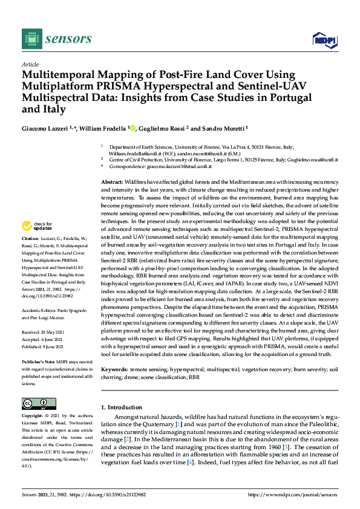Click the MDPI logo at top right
coord(325,40)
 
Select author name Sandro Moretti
coord(222,128)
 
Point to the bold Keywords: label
coord(114,368)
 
